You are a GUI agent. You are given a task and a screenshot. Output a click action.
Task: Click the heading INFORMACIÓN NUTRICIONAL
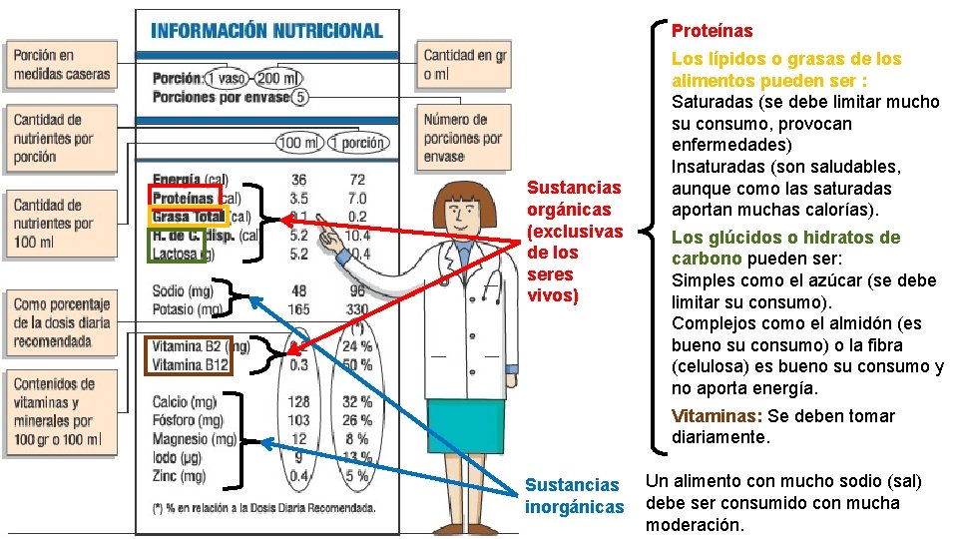(x=266, y=30)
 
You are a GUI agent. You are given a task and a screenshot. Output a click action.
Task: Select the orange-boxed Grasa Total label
(x=190, y=216)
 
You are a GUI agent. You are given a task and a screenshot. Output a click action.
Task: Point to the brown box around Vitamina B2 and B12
(x=190, y=355)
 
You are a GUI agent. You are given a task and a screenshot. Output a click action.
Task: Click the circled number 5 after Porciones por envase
(x=301, y=97)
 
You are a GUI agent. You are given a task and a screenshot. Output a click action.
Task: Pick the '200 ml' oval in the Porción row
(x=278, y=78)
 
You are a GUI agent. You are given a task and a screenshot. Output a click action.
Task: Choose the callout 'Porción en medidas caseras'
(x=61, y=64)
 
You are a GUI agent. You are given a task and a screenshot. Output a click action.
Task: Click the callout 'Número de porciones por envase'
(x=462, y=138)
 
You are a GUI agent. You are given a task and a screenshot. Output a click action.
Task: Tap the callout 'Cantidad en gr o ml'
(x=464, y=65)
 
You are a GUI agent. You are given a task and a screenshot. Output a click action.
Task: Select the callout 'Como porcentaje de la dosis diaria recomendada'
(x=61, y=322)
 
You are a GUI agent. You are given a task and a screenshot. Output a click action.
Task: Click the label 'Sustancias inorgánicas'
(x=574, y=496)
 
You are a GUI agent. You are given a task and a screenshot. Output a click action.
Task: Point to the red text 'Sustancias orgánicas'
(x=574, y=242)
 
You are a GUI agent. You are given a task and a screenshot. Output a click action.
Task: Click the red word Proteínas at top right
(x=712, y=32)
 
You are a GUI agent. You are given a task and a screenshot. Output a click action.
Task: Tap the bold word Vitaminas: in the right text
(x=718, y=416)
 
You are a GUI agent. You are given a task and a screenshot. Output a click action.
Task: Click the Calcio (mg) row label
(x=185, y=402)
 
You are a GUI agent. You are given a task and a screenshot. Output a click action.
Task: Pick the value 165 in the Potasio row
(x=298, y=310)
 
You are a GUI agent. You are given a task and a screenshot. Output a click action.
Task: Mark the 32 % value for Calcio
(x=356, y=402)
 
